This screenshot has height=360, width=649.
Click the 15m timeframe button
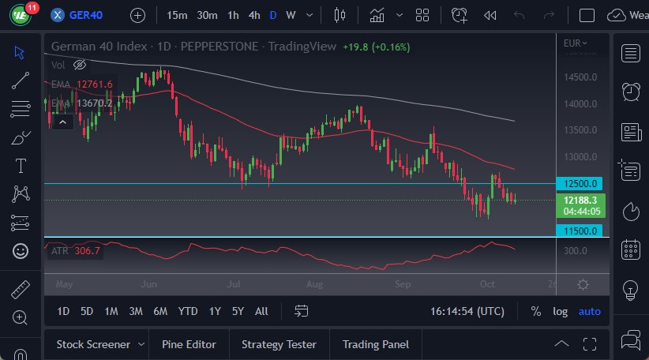[178, 15]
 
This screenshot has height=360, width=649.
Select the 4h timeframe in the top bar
[253, 15]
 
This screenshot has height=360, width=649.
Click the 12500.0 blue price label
[580, 184]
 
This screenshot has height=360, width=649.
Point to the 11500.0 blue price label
[580, 231]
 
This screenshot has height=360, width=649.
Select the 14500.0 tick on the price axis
[580, 77]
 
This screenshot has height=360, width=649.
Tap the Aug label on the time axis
[314, 283]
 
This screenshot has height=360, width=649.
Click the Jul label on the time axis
[234, 283]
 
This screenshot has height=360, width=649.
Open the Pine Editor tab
[189, 344]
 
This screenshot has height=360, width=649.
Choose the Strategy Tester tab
[279, 344]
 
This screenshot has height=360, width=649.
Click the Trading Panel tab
[375, 344]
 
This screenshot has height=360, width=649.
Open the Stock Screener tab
[92, 344]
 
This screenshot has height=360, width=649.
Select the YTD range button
[188, 311]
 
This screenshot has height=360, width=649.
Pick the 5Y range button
[238, 311]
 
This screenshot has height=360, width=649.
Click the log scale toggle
[560, 311]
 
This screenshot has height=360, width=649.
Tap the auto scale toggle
[589, 311]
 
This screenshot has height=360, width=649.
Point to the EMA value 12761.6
[95, 84]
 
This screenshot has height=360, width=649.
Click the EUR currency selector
[575, 43]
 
